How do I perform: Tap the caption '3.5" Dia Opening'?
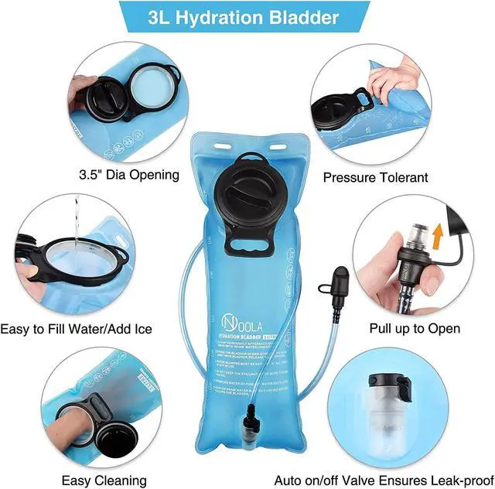coord(129,173)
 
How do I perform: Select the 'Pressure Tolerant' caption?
coord(374,177)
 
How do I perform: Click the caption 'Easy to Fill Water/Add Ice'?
coord(77,329)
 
